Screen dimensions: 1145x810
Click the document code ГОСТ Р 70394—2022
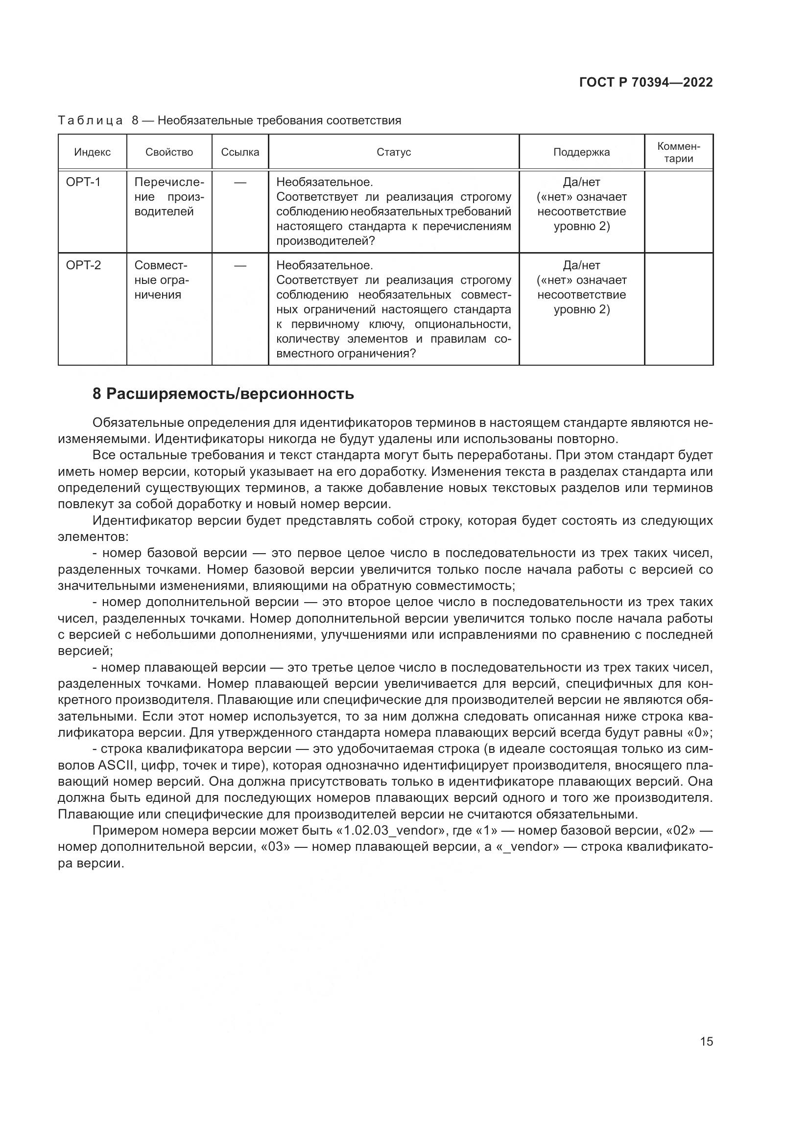[646, 82]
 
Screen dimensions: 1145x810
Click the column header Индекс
[92, 152]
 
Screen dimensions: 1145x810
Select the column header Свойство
[169, 152]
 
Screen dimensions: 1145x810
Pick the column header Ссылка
[240, 152]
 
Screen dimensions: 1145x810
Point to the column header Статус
[394, 152]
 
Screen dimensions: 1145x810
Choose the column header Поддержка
[581, 152]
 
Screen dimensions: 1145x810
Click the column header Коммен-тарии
[678, 152]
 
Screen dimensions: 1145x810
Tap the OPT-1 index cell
[83, 182]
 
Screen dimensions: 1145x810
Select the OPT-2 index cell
[83, 265]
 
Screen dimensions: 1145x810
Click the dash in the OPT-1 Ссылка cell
[240, 183]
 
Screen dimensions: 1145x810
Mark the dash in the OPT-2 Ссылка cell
[240, 266]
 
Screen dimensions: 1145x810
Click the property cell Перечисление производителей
[169, 196]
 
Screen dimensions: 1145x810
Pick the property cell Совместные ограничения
[162, 280]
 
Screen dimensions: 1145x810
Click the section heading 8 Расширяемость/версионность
[223, 394]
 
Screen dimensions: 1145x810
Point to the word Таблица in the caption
[90, 121]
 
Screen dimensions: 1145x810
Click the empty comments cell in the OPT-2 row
[678, 309]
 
